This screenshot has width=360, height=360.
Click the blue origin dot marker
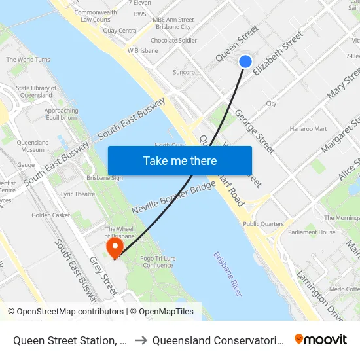pyautogui.click(x=245, y=62)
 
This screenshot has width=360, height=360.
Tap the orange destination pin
pyautogui.click(x=115, y=247)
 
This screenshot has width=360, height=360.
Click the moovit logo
pyautogui.click(x=320, y=340)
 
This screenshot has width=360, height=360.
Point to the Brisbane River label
pyautogui.click(x=227, y=274)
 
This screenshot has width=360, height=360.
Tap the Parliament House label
pyautogui.click(x=312, y=232)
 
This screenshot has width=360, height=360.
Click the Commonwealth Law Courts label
pyautogui.click(x=96, y=16)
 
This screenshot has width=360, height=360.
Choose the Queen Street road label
pyautogui.click(x=237, y=43)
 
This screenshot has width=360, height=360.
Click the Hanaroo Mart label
pyautogui.click(x=308, y=129)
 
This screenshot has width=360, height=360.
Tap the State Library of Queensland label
pyautogui.click(x=34, y=92)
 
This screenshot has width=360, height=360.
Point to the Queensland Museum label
pyautogui.click(x=33, y=146)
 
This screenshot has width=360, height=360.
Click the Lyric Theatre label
pyautogui.click(x=77, y=194)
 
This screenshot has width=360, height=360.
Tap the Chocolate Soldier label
pyautogui.click(x=173, y=41)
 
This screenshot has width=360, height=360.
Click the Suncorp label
pyautogui.click(x=184, y=72)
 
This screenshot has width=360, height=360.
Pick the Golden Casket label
pyautogui.click(x=50, y=215)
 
